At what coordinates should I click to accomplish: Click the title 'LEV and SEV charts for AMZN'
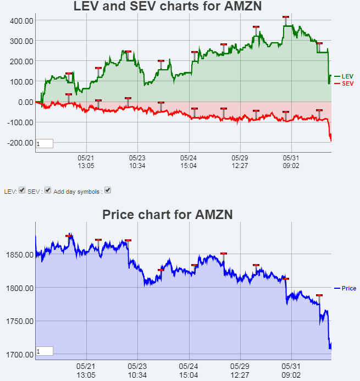point(168,7)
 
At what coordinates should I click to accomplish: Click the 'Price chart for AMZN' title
point(168,215)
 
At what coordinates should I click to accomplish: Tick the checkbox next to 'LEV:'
point(22,190)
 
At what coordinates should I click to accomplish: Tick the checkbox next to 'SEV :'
point(48,190)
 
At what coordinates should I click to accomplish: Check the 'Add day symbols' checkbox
point(108,190)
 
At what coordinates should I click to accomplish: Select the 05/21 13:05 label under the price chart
point(86,369)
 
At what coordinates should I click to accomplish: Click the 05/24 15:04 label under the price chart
point(189,369)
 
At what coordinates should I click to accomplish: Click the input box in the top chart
point(45,144)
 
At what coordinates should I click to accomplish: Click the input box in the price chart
point(45,351)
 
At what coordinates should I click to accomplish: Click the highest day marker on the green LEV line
point(285,18)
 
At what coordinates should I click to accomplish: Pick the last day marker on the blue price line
point(319,295)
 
